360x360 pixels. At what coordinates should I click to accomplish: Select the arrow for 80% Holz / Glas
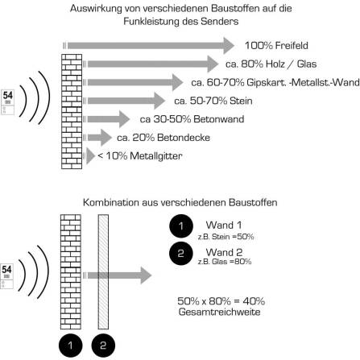click(153, 63)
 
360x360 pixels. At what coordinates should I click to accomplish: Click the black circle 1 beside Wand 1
click(180, 225)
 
